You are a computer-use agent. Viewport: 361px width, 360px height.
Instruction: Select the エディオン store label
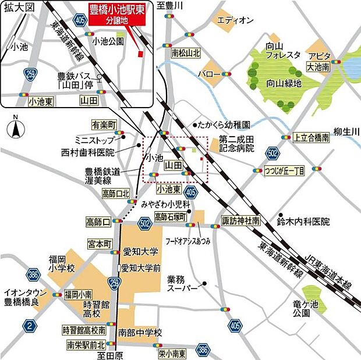pyautogui.click(x=235, y=21)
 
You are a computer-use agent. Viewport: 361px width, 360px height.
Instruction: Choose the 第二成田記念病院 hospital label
pyautogui.click(x=236, y=144)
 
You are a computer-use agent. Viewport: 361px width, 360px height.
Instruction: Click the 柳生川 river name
pyautogui.click(x=347, y=133)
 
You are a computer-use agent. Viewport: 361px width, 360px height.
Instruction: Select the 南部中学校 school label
pyautogui.click(x=140, y=333)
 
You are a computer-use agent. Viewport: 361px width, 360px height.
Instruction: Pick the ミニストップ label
pyautogui.click(x=94, y=140)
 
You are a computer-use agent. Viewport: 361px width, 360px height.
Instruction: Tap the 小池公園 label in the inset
pyautogui.click(x=108, y=41)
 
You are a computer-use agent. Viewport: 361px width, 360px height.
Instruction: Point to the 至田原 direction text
pyautogui.click(x=110, y=354)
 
